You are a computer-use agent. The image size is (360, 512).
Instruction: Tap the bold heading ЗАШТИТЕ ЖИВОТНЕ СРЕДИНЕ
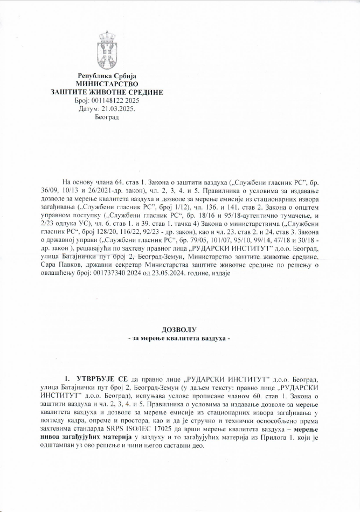coord(106,92)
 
